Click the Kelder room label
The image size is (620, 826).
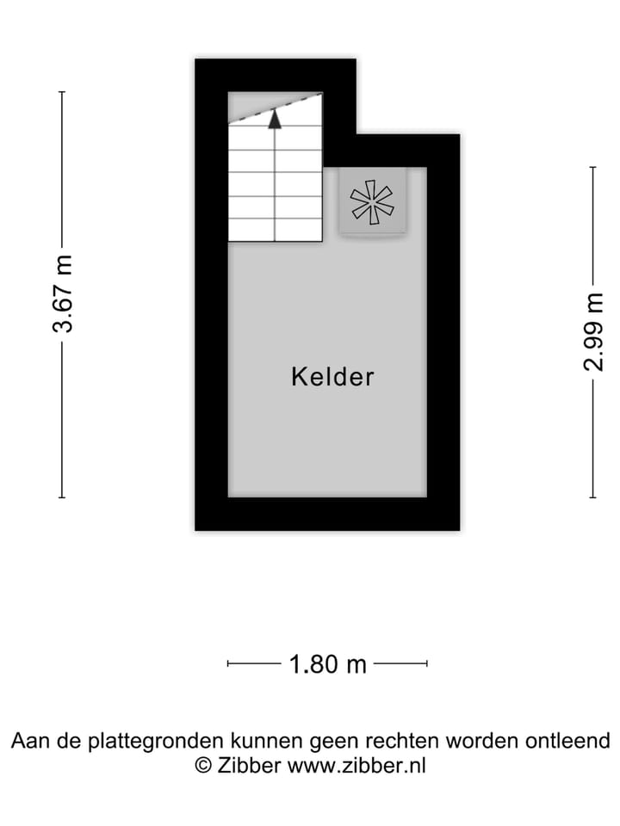pos(332,377)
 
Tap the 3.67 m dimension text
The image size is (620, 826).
pos(62,294)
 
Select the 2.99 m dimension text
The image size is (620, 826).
pos(593,331)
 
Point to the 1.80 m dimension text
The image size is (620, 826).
pos(327,664)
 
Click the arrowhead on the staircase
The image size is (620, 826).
pos(275,119)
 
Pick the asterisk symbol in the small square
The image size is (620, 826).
pos(372,202)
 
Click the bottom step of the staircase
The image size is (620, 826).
pos(275,230)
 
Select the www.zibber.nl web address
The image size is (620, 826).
pos(356,765)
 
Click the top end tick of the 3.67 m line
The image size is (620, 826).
pos(62,92)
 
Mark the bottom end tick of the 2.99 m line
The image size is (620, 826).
pos(593,497)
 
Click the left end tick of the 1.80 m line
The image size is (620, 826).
pos(228,663)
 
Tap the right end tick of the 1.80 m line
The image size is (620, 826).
pos(427,663)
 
